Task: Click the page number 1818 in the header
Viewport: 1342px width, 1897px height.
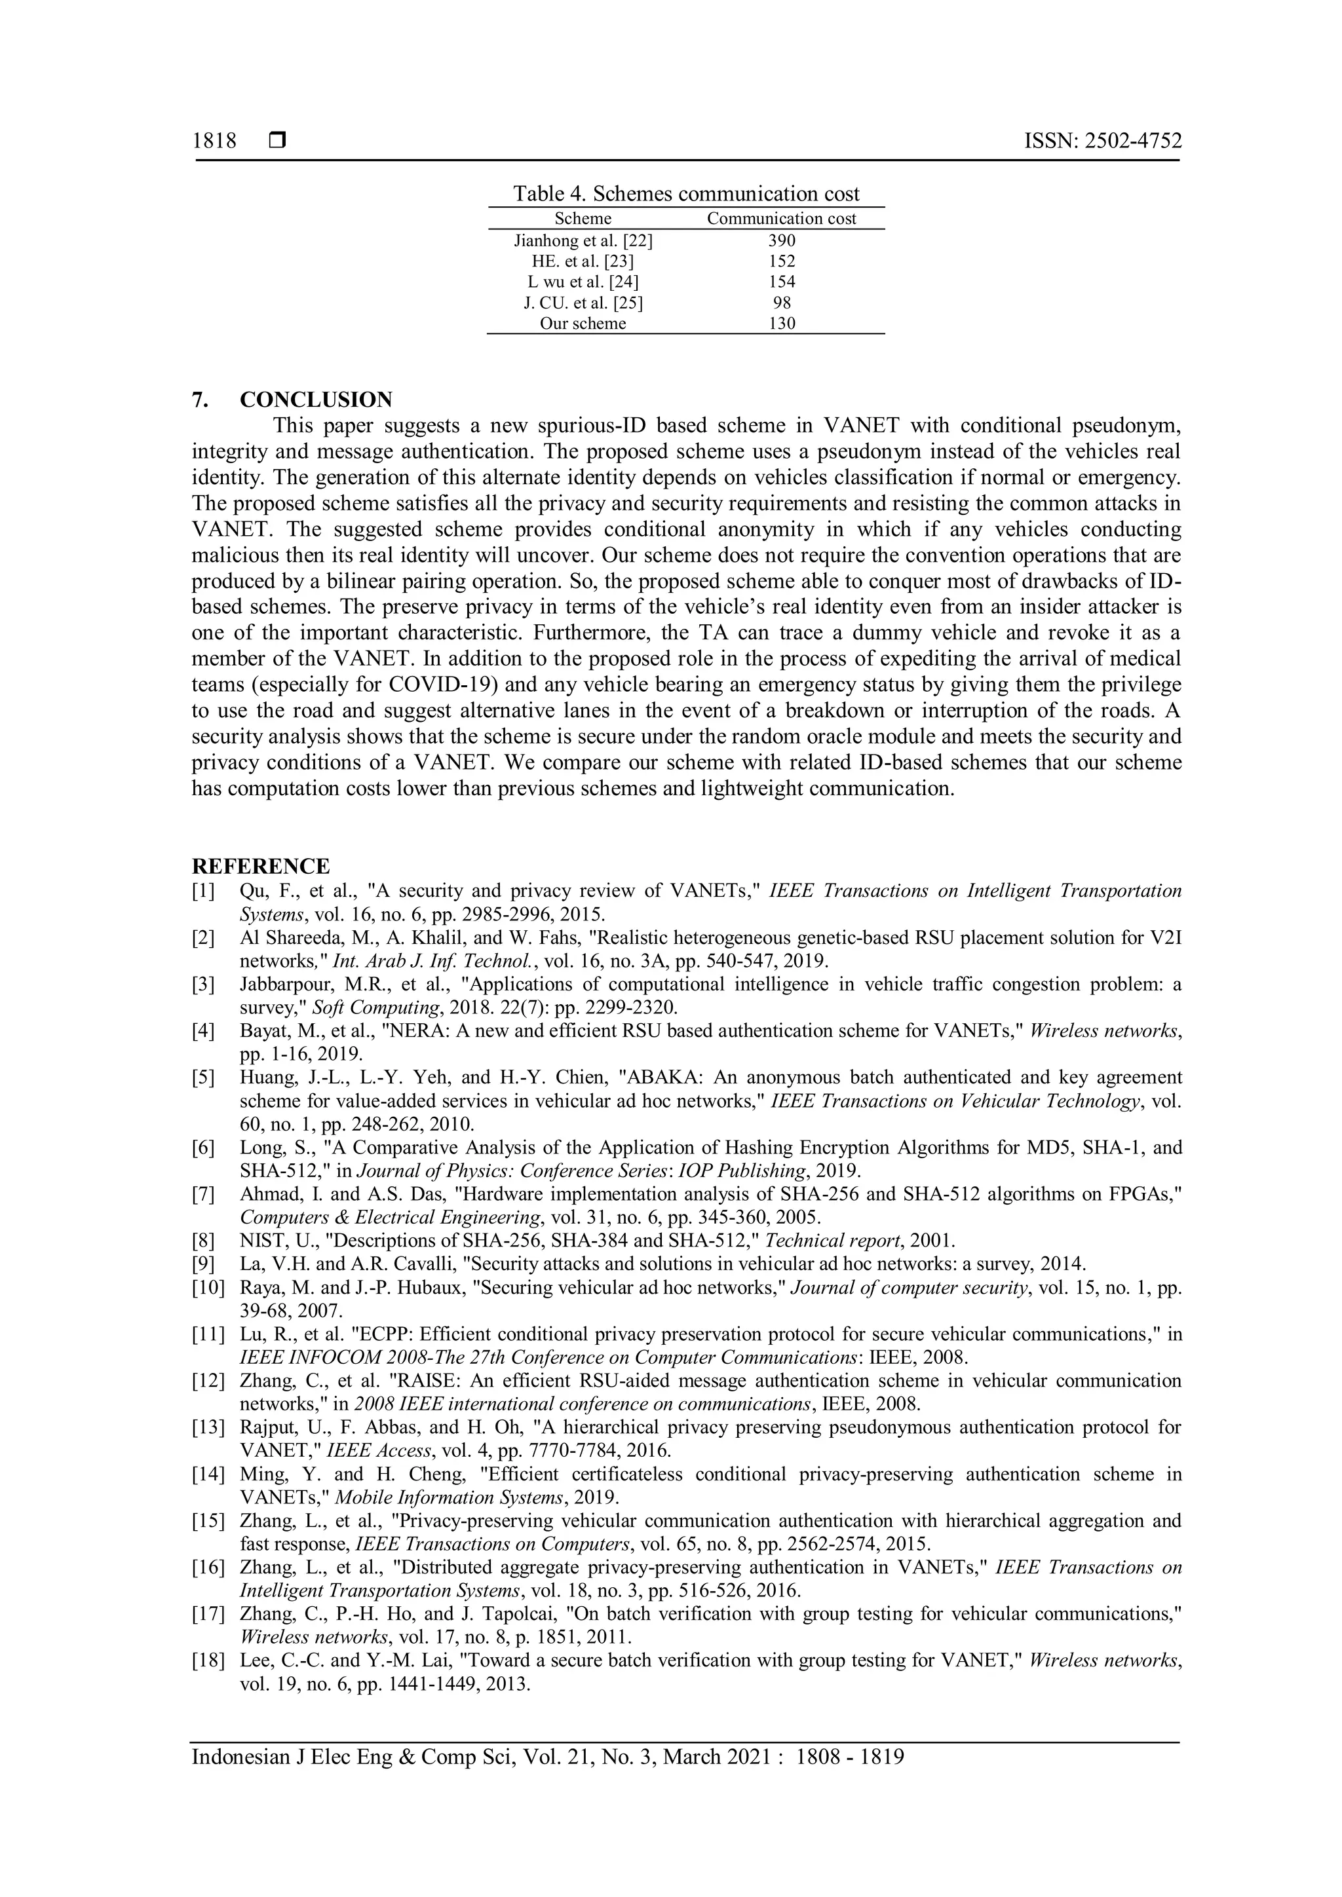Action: (214, 141)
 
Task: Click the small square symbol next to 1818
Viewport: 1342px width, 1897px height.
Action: (277, 141)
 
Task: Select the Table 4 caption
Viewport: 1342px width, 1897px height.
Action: (686, 194)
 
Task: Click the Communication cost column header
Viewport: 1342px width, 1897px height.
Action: (781, 219)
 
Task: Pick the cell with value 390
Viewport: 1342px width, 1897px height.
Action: (781, 240)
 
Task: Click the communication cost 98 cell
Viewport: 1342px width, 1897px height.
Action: (781, 303)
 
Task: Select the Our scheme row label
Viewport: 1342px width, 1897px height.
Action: (583, 324)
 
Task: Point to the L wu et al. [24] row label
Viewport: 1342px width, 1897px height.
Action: (583, 282)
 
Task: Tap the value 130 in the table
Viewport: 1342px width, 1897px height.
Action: (781, 324)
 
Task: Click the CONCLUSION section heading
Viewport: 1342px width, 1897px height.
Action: (316, 400)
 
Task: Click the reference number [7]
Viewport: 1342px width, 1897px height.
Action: (203, 1194)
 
